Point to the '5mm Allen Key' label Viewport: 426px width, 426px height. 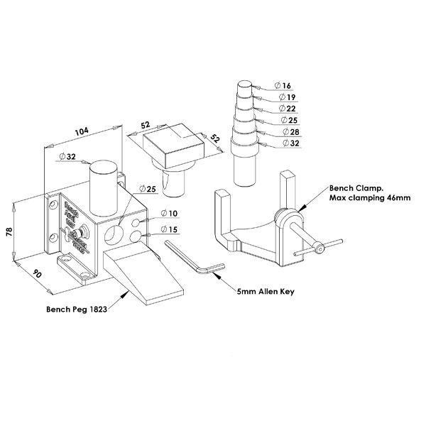pyautogui.click(x=266, y=292)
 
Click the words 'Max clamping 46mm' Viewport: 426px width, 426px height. pyautogui.click(x=369, y=198)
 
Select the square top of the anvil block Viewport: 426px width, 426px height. pyautogui.click(x=175, y=142)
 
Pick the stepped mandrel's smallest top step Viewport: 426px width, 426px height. pyautogui.click(x=244, y=88)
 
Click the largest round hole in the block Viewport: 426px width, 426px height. pyautogui.click(x=112, y=233)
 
